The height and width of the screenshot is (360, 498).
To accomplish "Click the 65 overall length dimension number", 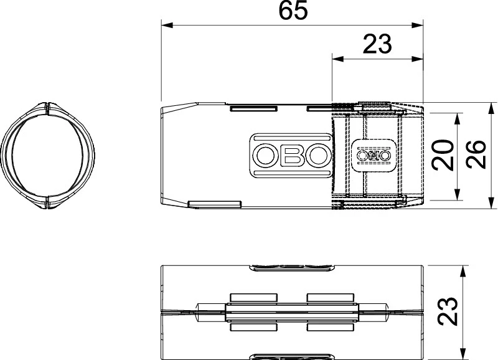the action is coord(293,10).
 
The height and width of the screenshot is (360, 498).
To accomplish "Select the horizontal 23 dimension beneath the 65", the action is coord(377,44).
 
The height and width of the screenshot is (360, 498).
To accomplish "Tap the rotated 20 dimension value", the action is coord(443,155).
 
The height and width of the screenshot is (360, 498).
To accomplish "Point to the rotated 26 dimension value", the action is coord(476,154).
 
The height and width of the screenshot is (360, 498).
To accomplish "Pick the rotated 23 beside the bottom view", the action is coord(447,311).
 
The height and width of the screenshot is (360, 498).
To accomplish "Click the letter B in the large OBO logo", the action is coord(292,155).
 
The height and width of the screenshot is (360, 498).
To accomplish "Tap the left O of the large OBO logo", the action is coord(266,155).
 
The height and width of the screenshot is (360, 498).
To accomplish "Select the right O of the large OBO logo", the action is coord(318,155).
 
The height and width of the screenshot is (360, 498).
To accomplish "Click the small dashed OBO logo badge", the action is coord(375,155).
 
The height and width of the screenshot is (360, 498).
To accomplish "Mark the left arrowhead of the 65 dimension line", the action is coord(167,26).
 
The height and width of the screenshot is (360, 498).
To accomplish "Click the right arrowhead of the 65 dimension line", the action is coord(418,26).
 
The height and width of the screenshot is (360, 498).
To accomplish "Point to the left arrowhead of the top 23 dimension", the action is coord(338,59).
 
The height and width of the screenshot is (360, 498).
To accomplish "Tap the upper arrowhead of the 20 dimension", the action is coord(458,119).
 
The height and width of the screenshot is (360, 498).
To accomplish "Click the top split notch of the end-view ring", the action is coord(47,108).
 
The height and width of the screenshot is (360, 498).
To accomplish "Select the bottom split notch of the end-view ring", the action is coord(47,203).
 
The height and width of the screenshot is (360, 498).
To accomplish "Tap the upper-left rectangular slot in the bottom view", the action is coord(253,298).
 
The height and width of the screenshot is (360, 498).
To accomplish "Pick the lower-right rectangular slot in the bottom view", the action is coord(331,327).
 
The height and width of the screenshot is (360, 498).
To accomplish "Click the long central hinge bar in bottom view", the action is coord(292,313).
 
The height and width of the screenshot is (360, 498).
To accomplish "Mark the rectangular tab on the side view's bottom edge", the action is coord(214,205).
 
